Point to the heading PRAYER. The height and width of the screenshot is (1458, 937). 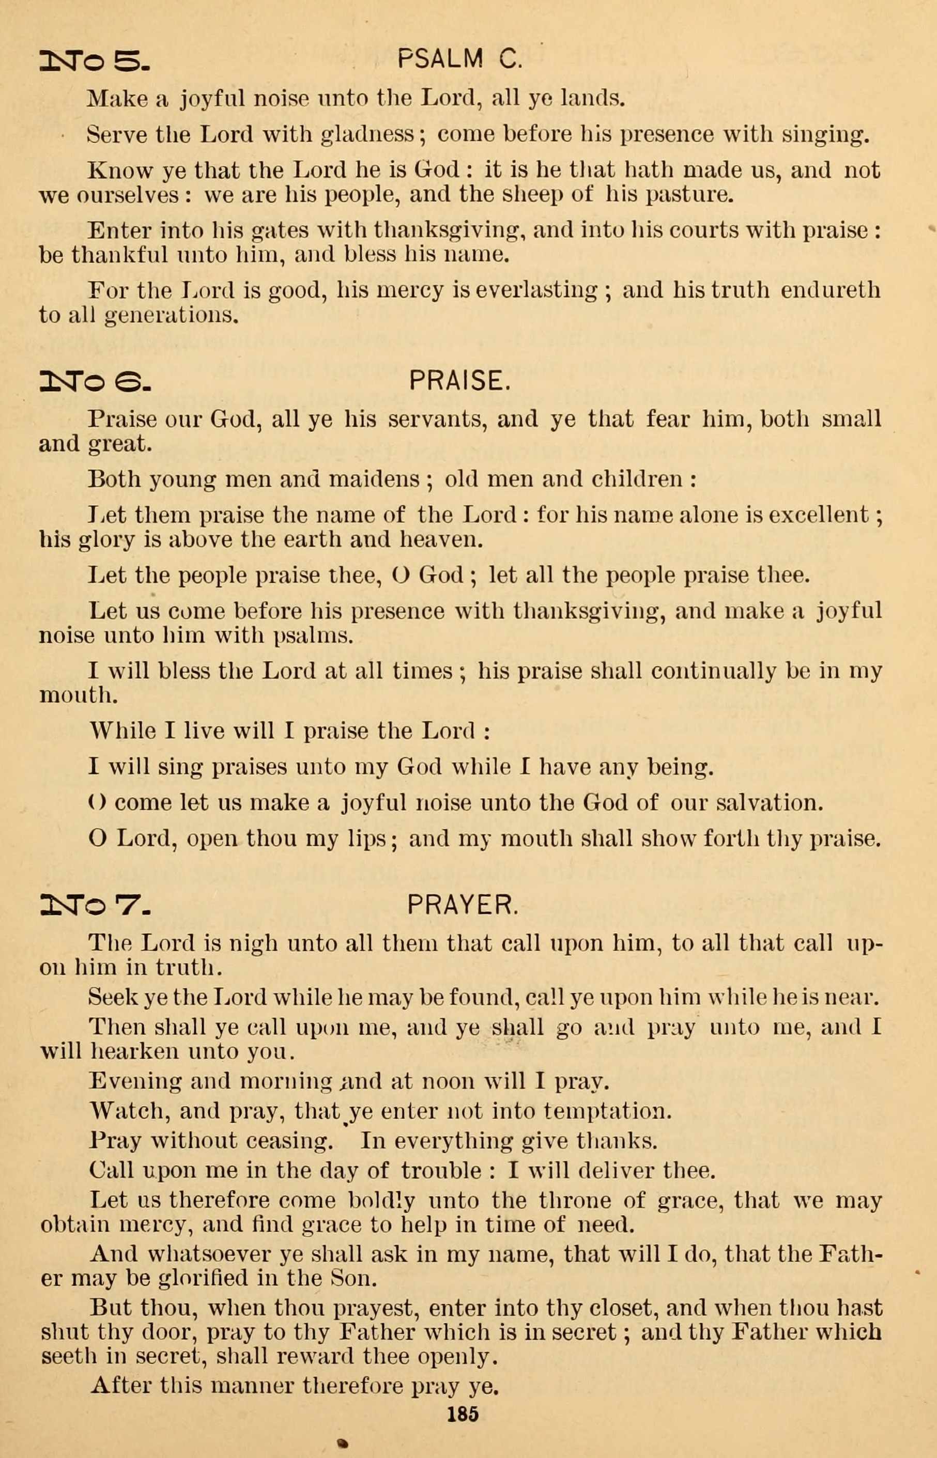[463, 907]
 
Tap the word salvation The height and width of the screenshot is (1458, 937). [769, 803]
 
